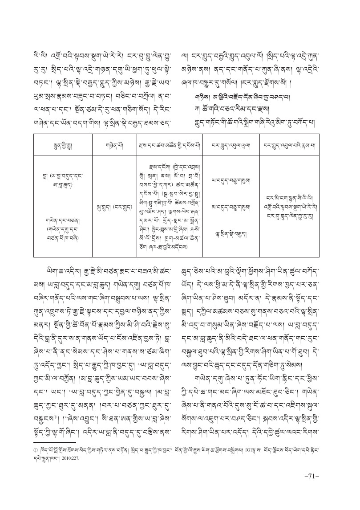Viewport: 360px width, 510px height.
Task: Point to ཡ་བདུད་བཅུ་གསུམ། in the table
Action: pos(230,181)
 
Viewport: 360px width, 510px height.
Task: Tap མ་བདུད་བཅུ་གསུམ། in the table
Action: pos(230,207)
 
